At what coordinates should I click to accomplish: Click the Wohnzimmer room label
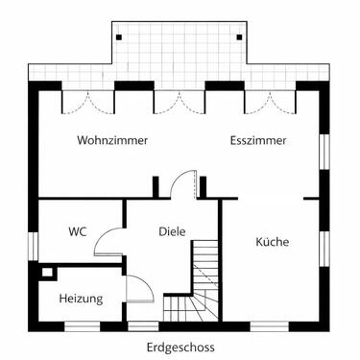[x=112, y=140]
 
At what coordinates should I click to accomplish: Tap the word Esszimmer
[x=259, y=140]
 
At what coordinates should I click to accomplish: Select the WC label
[x=78, y=231]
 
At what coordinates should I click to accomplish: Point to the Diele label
[x=172, y=231]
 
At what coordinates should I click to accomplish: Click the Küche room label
[x=272, y=242]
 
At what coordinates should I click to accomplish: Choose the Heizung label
[x=81, y=299]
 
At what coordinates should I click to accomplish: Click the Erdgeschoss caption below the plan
[x=180, y=347]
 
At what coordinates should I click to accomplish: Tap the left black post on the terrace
[x=119, y=36]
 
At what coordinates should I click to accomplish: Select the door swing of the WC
[x=108, y=240]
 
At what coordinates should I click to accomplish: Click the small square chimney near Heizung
[x=45, y=272]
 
